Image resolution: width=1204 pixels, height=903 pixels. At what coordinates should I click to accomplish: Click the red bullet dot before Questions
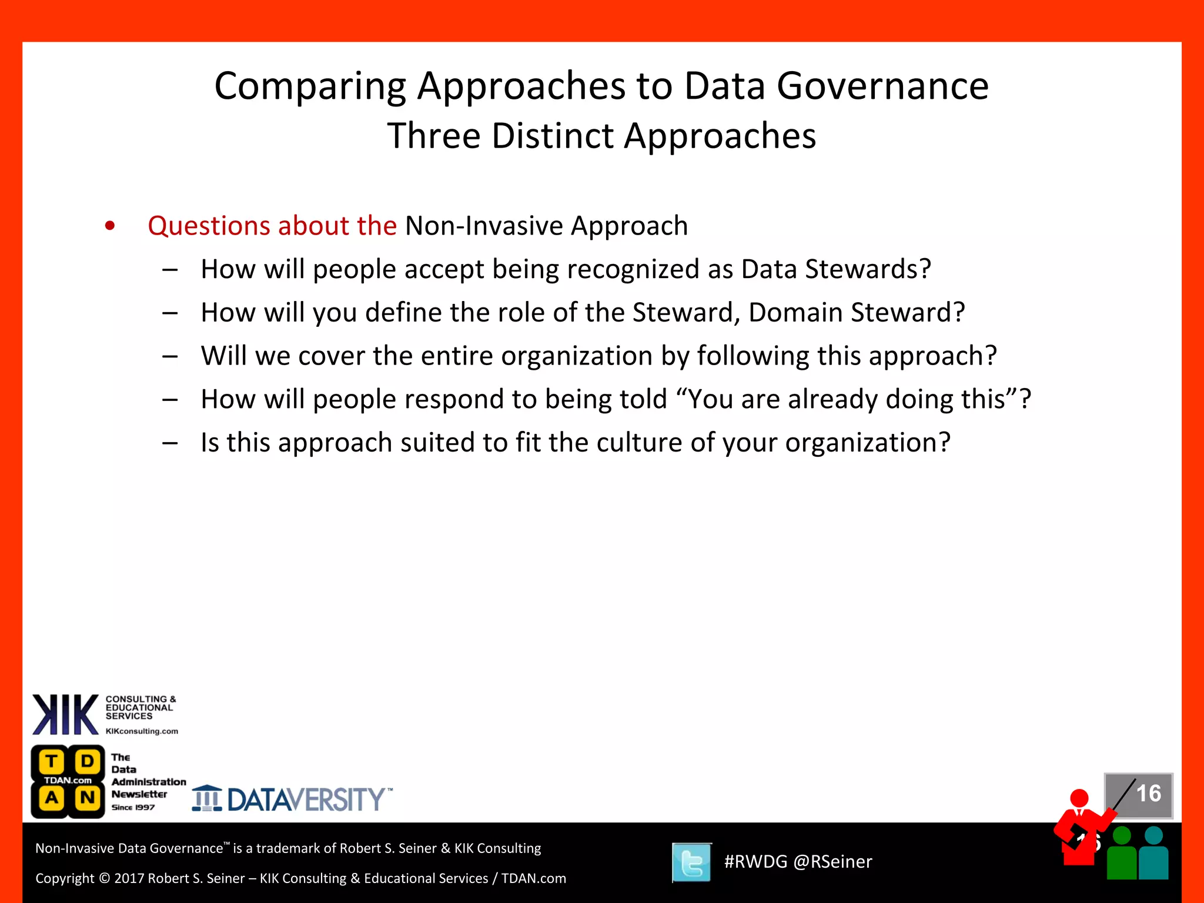pos(110,226)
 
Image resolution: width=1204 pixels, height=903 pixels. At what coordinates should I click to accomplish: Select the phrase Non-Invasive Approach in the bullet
pos(546,226)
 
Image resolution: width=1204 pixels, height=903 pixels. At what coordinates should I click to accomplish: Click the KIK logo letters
pos(65,714)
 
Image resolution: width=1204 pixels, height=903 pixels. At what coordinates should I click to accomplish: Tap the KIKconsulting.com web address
pos(142,731)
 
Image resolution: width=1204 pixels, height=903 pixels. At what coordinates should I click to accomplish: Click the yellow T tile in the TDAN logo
pos(52,761)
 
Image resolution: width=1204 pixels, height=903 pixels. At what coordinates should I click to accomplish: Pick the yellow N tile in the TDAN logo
pos(88,798)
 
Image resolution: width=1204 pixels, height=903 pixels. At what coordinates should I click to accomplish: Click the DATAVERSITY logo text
pos(306,800)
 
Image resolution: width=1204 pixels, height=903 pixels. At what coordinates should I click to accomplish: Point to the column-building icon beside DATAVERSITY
pos(207,798)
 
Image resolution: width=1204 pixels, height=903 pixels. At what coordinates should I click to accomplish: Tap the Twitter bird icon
pos(692,862)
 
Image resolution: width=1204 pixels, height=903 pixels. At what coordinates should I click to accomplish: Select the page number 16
pos(1148,794)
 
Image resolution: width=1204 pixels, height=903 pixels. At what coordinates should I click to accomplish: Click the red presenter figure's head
pos(1079,798)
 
